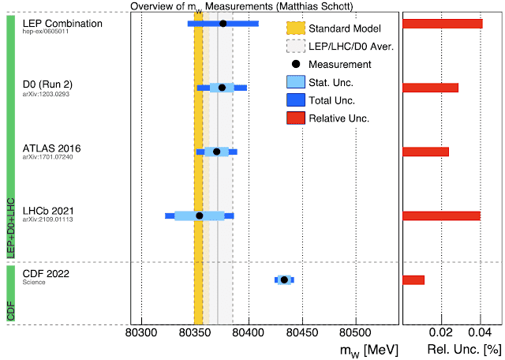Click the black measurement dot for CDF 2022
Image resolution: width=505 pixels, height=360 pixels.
(284, 279)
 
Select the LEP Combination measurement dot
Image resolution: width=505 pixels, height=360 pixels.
(223, 24)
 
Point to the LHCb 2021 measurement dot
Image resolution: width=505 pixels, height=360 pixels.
(200, 216)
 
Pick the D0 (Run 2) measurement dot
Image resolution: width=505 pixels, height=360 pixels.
(222, 88)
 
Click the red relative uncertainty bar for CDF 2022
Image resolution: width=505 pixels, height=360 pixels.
(413, 279)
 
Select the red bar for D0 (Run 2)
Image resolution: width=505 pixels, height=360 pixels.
(430, 88)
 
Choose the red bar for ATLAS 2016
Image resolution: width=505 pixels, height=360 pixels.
(425, 152)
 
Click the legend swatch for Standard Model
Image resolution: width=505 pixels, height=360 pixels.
(295, 28)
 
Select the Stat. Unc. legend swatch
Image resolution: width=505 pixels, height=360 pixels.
(295, 82)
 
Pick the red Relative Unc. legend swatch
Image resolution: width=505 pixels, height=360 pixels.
(295, 118)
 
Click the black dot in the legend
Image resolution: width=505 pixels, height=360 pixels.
(295, 64)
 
